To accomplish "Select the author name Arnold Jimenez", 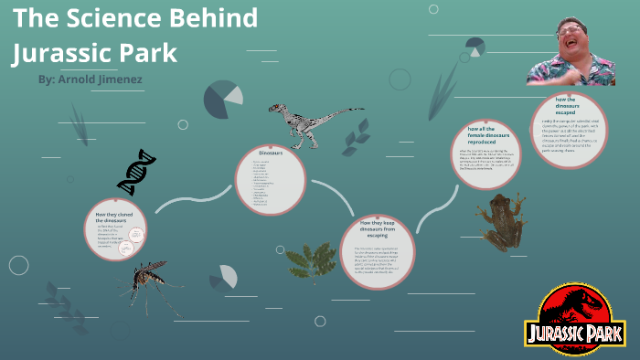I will click(101, 79).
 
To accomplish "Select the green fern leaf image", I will click(311, 261).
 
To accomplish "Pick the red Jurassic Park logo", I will click(575, 314).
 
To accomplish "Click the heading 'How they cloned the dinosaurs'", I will click(123, 217).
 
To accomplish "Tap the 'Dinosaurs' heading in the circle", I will click(272, 153).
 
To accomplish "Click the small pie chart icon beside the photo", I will click(475, 47).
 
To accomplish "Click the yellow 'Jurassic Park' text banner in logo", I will click(575, 331).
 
